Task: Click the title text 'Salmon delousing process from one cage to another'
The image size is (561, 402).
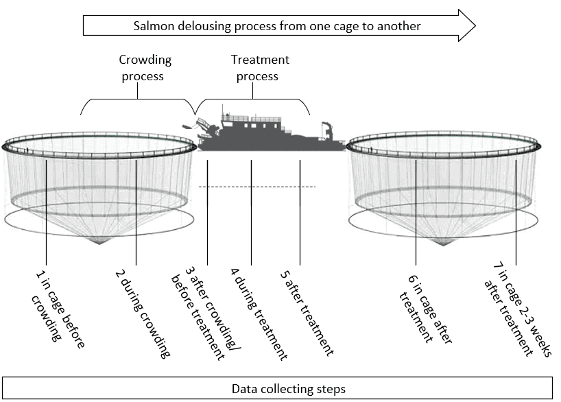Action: coord(277,26)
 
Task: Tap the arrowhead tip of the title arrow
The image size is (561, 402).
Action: coord(475,26)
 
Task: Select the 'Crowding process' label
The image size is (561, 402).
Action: coord(145,68)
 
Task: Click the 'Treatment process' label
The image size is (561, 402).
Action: coord(259,68)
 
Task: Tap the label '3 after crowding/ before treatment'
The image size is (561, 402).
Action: coord(206,314)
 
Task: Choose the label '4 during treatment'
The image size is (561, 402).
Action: coord(259,314)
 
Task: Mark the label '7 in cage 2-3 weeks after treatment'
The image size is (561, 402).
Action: coord(517,309)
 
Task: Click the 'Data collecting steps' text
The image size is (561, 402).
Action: coord(289,389)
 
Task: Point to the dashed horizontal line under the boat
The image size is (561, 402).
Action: coord(257,187)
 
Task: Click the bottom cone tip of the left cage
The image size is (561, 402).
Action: coord(99,244)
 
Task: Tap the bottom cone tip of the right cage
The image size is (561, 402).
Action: coord(443,245)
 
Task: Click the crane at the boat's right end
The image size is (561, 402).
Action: coord(327,130)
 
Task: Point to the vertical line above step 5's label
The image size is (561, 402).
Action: coord(300,213)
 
